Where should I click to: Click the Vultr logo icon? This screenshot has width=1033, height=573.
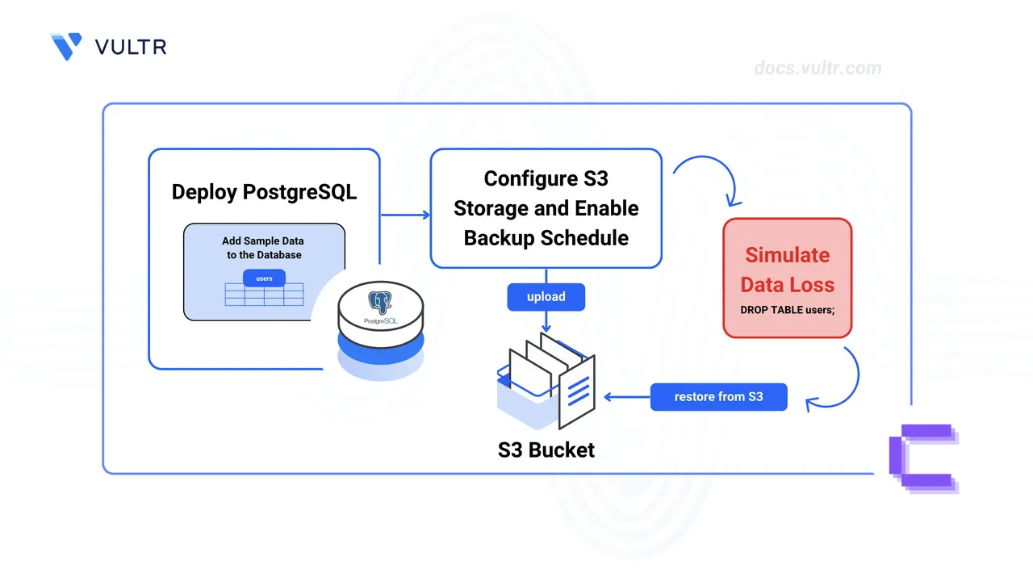point(65,46)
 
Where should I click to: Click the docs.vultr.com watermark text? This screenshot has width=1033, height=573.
point(818,68)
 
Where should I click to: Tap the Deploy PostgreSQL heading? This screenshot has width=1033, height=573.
point(264,192)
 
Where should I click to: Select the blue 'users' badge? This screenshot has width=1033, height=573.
point(264,278)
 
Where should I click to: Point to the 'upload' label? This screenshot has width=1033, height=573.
point(546,297)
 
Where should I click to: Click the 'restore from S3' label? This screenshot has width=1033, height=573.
point(718,396)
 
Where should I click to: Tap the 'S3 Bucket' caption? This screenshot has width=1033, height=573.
point(546,450)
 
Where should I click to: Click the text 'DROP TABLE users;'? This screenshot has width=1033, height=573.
point(787,310)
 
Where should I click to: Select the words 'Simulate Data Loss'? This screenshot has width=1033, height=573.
point(787,270)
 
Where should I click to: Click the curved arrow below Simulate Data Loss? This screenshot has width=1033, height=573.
point(839,379)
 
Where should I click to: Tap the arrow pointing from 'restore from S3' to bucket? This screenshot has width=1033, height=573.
point(626,396)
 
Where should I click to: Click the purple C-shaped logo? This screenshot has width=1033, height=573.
point(922,458)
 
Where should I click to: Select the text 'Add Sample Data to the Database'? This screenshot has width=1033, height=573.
point(264,248)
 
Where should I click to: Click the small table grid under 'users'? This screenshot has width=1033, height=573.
point(264,295)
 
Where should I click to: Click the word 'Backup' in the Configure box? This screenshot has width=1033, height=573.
point(500,238)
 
